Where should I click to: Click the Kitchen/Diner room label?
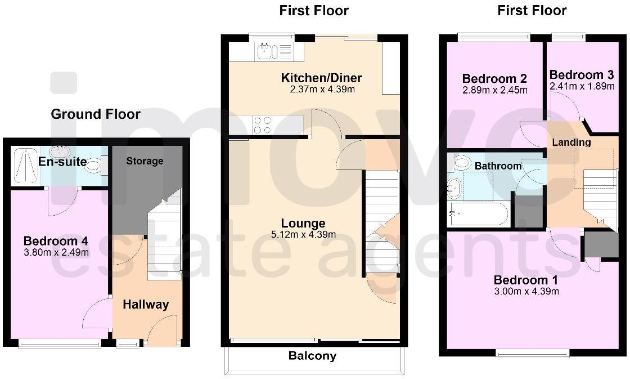321,78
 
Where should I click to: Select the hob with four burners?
262,125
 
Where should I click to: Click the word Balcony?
312,356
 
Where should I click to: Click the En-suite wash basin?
58,151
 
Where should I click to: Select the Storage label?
145,161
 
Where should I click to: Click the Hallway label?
146,305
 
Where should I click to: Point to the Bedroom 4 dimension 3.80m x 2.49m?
56,252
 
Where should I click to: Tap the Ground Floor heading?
96,114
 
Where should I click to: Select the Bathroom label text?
498,166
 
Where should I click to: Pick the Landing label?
571,142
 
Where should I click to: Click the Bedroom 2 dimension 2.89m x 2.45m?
494,90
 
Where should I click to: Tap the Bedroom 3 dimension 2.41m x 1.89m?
582,86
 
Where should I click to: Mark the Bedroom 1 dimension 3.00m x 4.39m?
526,291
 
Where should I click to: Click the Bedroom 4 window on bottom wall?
60,342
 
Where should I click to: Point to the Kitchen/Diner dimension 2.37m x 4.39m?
321,89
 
